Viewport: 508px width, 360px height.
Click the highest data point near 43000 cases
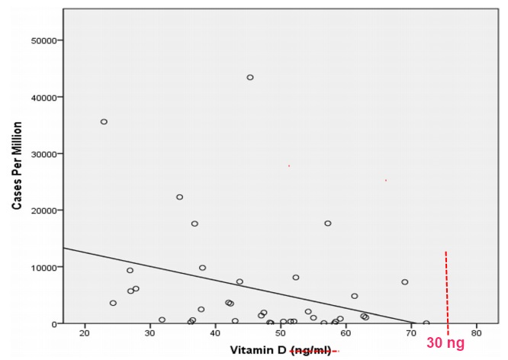(250, 77)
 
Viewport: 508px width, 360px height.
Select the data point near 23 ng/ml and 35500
(104, 121)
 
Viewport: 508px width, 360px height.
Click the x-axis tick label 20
(85, 333)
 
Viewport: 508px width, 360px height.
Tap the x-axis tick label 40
(215, 333)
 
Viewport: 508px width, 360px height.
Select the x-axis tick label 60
(346, 333)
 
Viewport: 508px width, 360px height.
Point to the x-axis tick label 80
(477, 333)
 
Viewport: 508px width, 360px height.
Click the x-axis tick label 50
(281, 333)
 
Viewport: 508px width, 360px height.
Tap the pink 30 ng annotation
(445, 344)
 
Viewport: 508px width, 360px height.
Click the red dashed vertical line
(446, 290)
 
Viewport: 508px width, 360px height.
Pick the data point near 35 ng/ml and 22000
(180, 197)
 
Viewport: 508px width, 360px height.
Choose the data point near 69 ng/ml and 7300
(405, 282)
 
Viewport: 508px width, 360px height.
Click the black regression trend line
(229, 284)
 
